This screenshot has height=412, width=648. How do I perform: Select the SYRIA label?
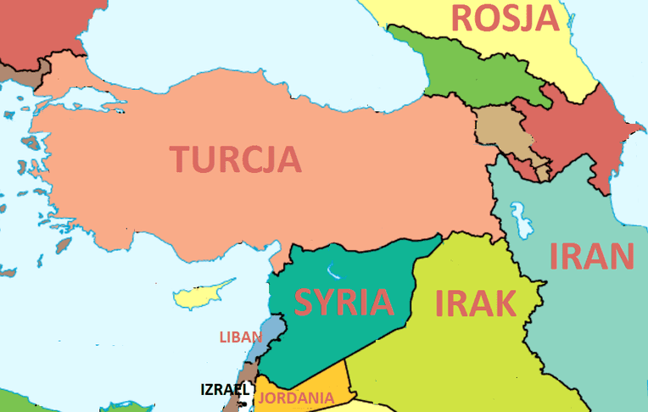(344, 302)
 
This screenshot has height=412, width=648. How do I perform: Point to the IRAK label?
(475, 302)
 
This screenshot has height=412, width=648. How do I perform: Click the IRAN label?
(592, 256)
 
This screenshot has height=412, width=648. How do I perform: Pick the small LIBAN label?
(241, 337)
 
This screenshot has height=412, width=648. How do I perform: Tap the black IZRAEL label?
(225, 390)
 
